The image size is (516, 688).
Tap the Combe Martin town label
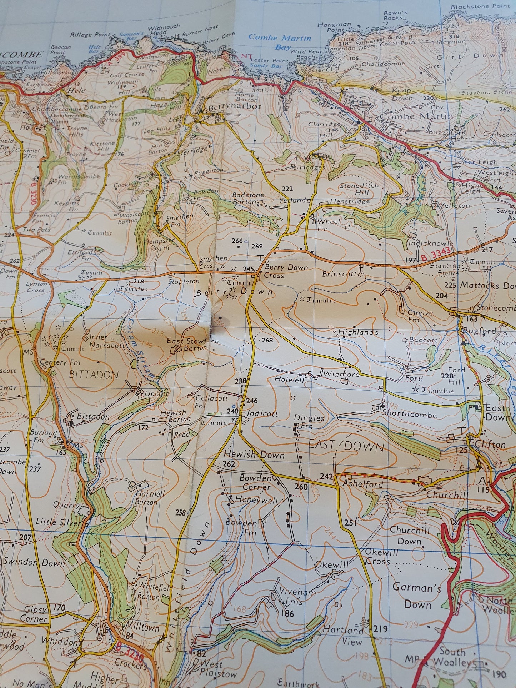click(416, 116)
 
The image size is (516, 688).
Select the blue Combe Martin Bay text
click(280, 42)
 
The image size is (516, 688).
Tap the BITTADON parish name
click(94, 375)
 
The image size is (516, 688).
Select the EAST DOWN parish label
click(346, 446)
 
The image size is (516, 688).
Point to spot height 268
click(267, 340)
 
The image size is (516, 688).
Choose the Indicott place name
click(262, 414)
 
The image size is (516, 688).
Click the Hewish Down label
click(254, 455)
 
